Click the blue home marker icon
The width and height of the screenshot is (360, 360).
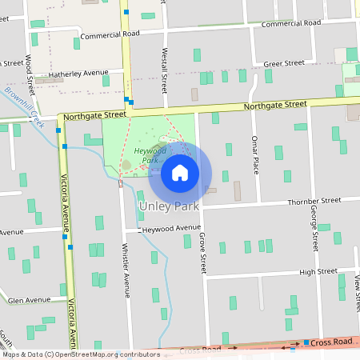pyautogui.click(x=180, y=173)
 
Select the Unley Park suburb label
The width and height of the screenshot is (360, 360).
pyautogui.click(x=169, y=206)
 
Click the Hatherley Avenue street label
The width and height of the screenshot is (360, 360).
pyautogui.click(x=78, y=74)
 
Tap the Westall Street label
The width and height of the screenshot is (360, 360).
pyautogui.click(x=163, y=79)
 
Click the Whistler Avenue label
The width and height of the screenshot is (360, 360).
pyautogui.click(x=126, y=269)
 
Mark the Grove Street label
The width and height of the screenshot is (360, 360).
pyautogui.click(x=202, y=250)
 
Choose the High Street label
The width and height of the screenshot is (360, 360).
pyautogui.click(x=318, y=271)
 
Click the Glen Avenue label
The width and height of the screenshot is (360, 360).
pyautogui.click(x=28, y=300)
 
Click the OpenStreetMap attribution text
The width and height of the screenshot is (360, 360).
pyautogui.click(x=81, y=354)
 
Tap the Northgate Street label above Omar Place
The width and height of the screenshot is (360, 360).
pyautogui.click(x=275, y=105)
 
